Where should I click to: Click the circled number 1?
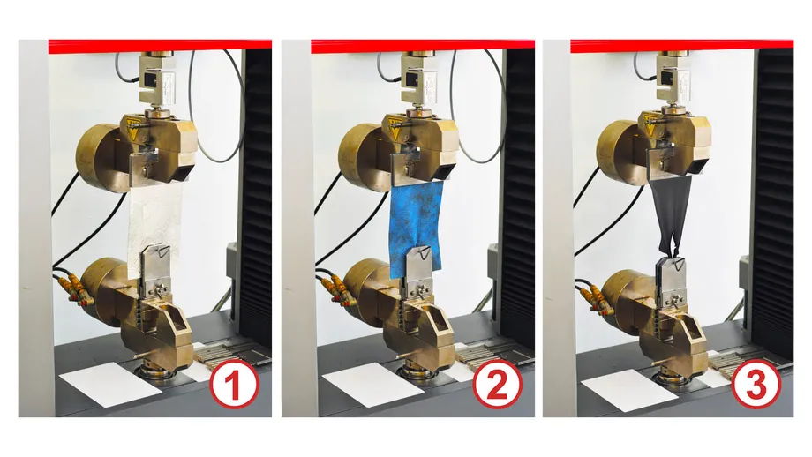[x=234, y=386]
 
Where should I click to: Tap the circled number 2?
[x=497, y=386]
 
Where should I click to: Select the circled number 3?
[x=756, y=386]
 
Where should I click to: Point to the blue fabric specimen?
[x=417, y=226]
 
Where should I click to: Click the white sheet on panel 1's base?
[x=111, y=384]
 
